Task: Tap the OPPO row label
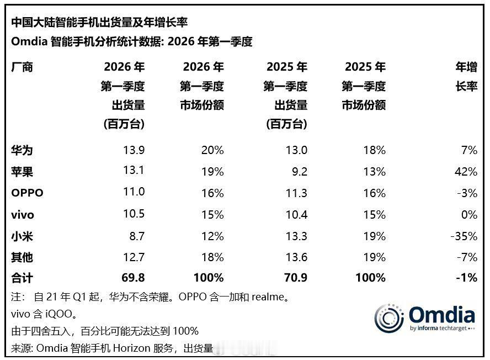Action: [x=27, y=193]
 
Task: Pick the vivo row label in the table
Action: [x=24, y=215]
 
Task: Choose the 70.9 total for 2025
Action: [x=295, y=278]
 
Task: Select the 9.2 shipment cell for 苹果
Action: [x=299, y=172]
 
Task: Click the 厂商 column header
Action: [x=22, y=67]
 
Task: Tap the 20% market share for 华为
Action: [x=212, y=150]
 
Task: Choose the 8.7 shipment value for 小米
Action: [x=136, y=236]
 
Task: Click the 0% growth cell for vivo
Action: [x=468, y=215]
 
